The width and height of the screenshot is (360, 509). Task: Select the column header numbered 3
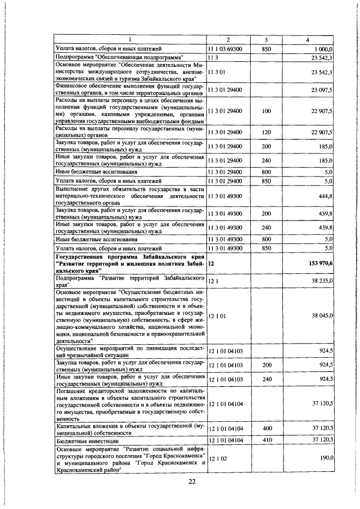click(266, 39)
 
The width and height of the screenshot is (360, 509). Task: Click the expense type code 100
click(266, 111)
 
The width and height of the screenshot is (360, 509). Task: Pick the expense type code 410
click(266, 439)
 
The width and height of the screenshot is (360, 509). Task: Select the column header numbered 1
click(129, 39)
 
